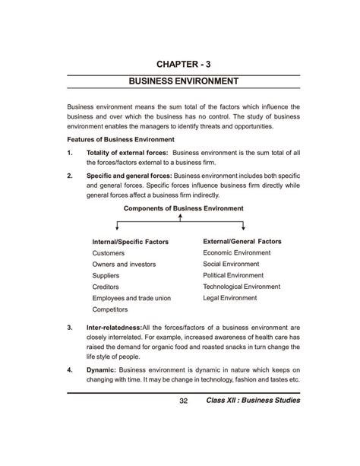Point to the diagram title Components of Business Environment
click(x=180, y=208)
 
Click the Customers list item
click(x=109, y=253)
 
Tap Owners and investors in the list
click(x=124, y=265)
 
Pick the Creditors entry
click(x=106, y=287)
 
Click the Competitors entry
click(x=111, y=310)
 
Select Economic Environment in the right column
click(x=238, y=252)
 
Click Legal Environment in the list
click(x=230, y=298)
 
